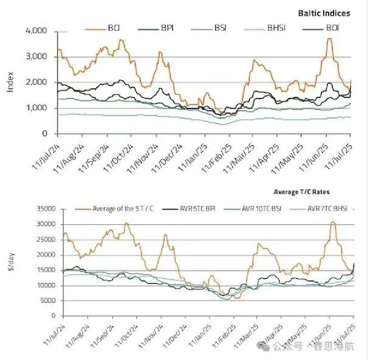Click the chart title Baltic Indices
click(324, 13)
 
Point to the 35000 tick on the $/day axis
click(47, 210)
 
